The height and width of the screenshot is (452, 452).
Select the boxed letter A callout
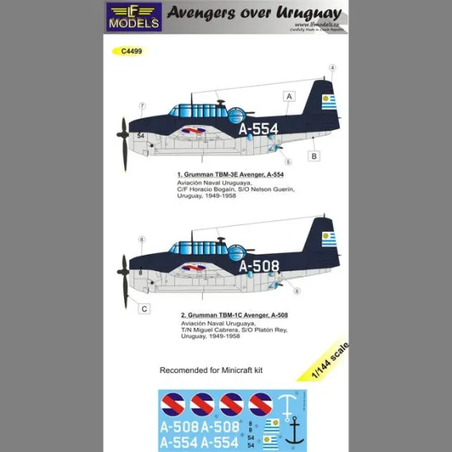pos(288,95)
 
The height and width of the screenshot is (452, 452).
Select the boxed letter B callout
pos(314,155)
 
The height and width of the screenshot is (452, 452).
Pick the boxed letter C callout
pos(144,309)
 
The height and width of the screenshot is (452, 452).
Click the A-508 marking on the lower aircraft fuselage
pos(259,265)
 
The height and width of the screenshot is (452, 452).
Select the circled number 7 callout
pos(143,105)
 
